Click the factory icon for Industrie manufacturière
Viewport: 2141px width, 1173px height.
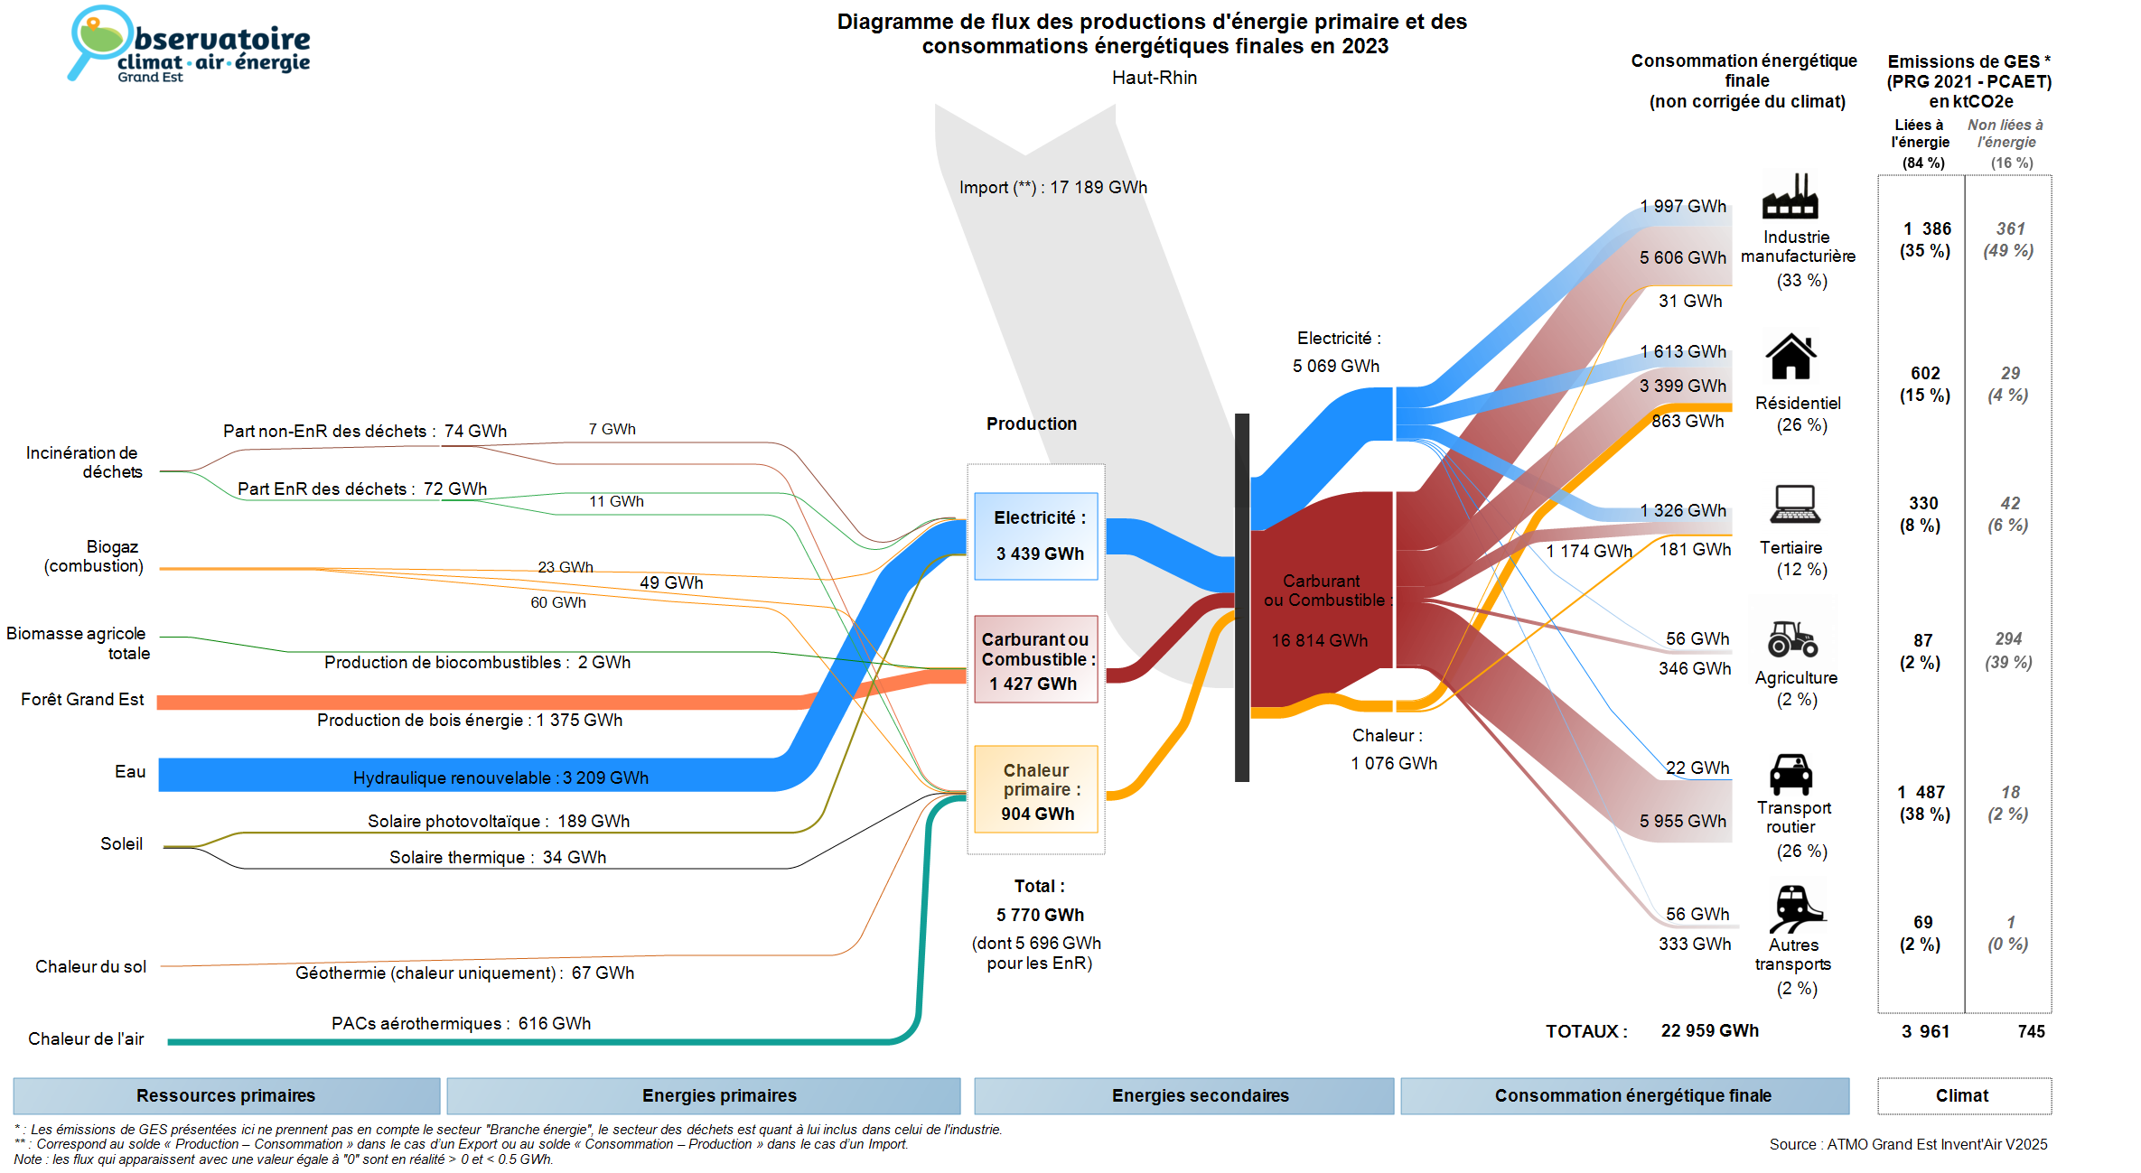click(1790, 197)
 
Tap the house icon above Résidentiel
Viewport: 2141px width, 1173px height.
click(1790, 357)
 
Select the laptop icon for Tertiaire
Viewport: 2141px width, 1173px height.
click(1795, 505)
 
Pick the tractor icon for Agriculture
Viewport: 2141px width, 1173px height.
click(1792, 638)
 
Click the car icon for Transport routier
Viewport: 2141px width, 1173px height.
click(1790, 774)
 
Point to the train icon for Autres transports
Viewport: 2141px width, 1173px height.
click(1796, 908)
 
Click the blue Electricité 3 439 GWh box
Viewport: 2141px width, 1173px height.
click(1036, 535)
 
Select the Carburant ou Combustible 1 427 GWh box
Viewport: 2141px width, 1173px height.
click(1036, 659)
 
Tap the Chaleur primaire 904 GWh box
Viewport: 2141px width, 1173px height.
click(1036, 789)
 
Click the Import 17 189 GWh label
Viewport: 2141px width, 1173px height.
click(1053, 188)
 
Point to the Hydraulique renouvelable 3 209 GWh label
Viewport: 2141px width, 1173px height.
click(500, 777)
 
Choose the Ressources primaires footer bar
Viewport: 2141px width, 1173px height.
click(226, 1095)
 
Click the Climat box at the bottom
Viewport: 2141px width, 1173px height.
click(1963, 1095)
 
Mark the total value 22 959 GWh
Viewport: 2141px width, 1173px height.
click(1709, 1031)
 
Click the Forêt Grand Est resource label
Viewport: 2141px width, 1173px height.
click(82, 700)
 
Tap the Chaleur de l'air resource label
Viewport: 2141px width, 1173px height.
click(86, 1038)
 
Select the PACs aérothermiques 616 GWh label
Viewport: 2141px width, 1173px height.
click(461, 1023)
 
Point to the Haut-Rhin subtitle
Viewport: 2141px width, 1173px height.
click(1154, 79)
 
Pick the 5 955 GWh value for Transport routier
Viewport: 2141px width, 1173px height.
click(1683, 821)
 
